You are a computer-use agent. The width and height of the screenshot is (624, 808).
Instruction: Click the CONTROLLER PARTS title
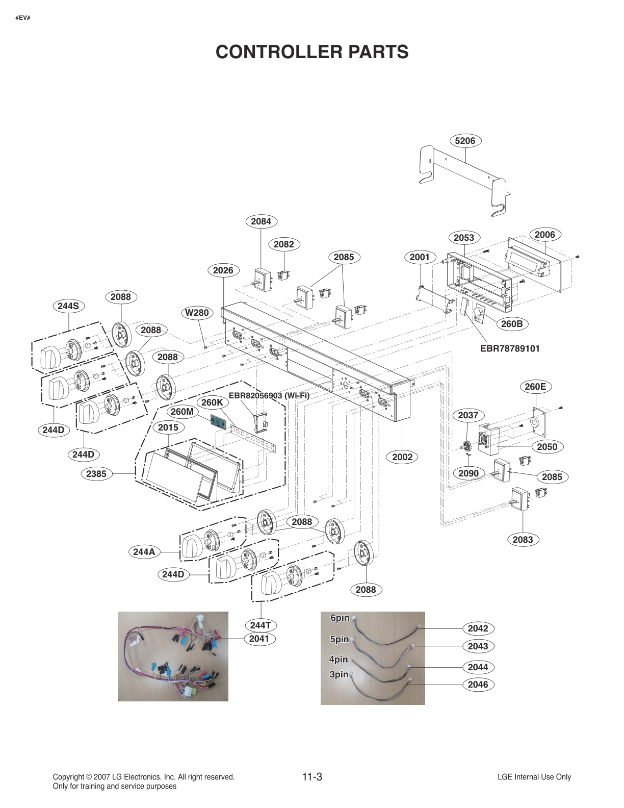[x=312, y=52]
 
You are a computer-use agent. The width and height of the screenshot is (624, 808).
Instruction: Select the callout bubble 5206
[x=465, y=141]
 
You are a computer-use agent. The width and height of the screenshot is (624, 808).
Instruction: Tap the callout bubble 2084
[x=261, y=221]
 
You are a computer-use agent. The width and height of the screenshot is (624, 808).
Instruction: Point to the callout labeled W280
[x=197, y=312]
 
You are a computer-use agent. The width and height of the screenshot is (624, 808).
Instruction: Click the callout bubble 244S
[x=68, y=306]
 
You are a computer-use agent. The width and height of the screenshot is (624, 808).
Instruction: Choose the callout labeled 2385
[x=96, y=474]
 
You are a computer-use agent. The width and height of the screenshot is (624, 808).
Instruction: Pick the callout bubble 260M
[x=182, y=411]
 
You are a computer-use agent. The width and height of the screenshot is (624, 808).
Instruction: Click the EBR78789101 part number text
[x=509, y=349]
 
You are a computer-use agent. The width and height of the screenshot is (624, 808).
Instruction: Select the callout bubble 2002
[x=402, y=457]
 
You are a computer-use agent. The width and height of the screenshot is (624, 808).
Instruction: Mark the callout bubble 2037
[x=468, y=415]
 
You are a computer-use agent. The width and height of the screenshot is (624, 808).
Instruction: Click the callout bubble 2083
[x=523, y=539]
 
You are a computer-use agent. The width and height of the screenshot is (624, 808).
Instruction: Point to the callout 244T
[x=261, y=625]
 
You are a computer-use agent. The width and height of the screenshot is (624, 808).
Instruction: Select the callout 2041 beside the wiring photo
[x=259, y=638]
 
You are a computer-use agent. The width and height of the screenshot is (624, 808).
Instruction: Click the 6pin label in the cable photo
[x=340, y=618]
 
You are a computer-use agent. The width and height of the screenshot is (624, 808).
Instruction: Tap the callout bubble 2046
[x=478, y=685]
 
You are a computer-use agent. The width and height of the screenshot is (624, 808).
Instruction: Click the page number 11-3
[x=312, y=777]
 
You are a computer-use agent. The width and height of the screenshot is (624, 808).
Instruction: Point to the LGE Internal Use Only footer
[x=534, y=777]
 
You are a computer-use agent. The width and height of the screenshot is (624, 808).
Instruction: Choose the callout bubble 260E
[x=535, y=387]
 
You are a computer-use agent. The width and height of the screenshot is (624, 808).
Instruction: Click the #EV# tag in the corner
[x=23, y=18]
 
